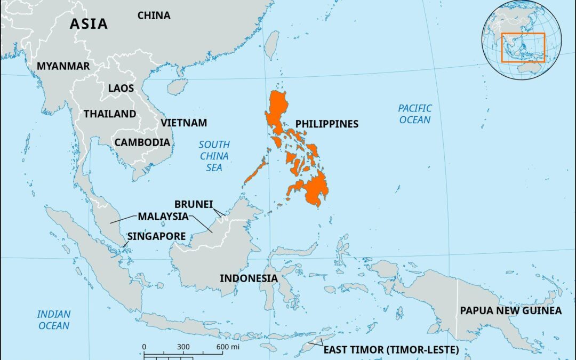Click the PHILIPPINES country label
click(x=327, y=124)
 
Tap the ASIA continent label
click(x=89, y=24)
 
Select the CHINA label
click(x=154, y=15)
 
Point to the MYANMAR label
click(x=63, y=66)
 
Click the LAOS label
click(x=121, y=88)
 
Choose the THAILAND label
click(x=110, y=114)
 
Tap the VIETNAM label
click(x=183, y=123)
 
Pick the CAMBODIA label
click(x=142, y=142)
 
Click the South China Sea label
click(x=214, y=156)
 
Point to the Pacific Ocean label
click(x=415, y=114)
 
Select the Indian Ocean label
click(x=53, y=319)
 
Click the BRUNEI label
click(x=194, y=204)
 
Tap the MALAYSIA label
click(x=163, y=217)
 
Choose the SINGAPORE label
click(x=156, y=236)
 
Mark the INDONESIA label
click(x=249, y=278)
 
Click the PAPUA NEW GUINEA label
click(x=511, y=310)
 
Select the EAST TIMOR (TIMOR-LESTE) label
click(x=391, y=350)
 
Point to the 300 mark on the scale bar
click(x=183, y=347)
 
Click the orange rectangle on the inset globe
click(x=523, y=47)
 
